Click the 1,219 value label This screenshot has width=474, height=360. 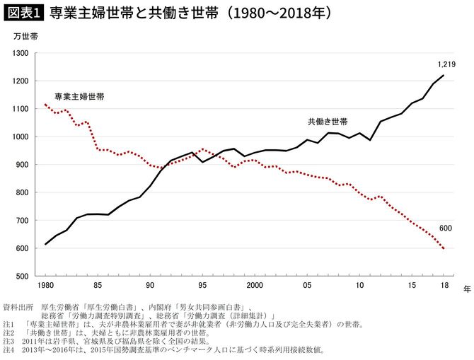pyautogui.click(x=446, y=64)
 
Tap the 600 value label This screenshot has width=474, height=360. pyautogui.click(x=445, y=228)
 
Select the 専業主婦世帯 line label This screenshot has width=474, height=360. pyautogui.click(x=79, y=95)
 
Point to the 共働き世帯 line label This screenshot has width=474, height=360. pyautogui.click(x=327, y=122)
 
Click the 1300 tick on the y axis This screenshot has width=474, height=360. pyautogui.click(x=20, y=54)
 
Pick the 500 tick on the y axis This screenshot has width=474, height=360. pyautogui.click(x=21, y=277)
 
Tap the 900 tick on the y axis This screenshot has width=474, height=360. pyautogui.click(x=21, y=165)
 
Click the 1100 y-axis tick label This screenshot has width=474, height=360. pyautogui.click(x=20, y=110)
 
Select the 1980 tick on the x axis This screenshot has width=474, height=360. pyautogui.click(x=45, y=286)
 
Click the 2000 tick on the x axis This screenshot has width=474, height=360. pyautogui.click(x=254, y=286)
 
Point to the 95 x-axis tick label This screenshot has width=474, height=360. pyautogui.click(x=202, y=286)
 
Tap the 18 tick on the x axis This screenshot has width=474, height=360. pyautogui.click(x=444, y=286)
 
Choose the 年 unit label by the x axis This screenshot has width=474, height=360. pyautogui.click(x=466, y=289)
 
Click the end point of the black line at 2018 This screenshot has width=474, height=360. pyautogui.click(x=444, y=75)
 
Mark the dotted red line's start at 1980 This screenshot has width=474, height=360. pyautogui.click(x=45, y=105)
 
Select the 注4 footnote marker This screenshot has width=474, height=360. pyautogui.click(x=10, y=349)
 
